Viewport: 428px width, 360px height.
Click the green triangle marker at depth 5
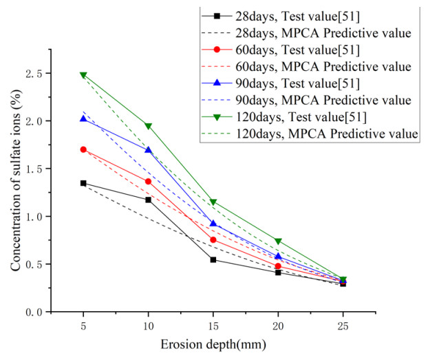tap(83, 75)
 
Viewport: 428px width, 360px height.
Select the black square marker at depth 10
tap(148, 200)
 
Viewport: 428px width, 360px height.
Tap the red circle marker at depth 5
tap(83, 149)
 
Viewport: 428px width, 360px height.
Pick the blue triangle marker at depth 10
tap(148, 149)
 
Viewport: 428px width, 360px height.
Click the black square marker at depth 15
tap(213, 260)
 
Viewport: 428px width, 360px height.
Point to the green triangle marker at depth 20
tap(278, 241)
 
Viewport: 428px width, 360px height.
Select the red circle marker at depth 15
tap(213, 240)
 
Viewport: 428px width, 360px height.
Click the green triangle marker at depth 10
tap(148, 126)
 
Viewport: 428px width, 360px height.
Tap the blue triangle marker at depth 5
tap(83, 118)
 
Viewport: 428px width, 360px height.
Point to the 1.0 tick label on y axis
tap(53, 216)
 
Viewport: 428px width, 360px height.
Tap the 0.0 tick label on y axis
tap(53, 312)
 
